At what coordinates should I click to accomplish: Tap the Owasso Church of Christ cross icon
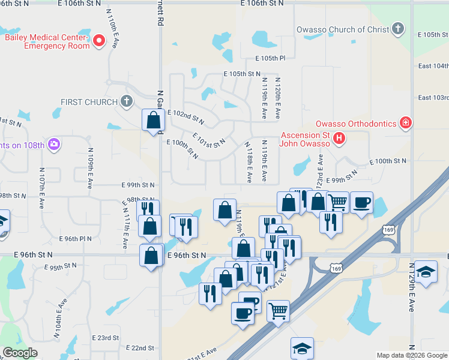point(397,29)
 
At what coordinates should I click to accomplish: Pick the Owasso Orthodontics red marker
point(406,123)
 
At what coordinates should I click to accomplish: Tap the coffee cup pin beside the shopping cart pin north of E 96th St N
point(361,203)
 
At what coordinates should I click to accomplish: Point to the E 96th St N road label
point(186,256)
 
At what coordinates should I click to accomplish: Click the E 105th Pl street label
point(270,58)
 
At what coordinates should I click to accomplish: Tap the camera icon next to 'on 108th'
point(54,144)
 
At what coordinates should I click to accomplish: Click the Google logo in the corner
point(20,353)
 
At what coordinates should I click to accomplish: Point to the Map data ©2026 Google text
point(412,355)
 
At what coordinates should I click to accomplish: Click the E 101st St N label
point(209,142)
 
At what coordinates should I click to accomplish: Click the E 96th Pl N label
point(76,238)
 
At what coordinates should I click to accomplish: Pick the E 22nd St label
point(140,348)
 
